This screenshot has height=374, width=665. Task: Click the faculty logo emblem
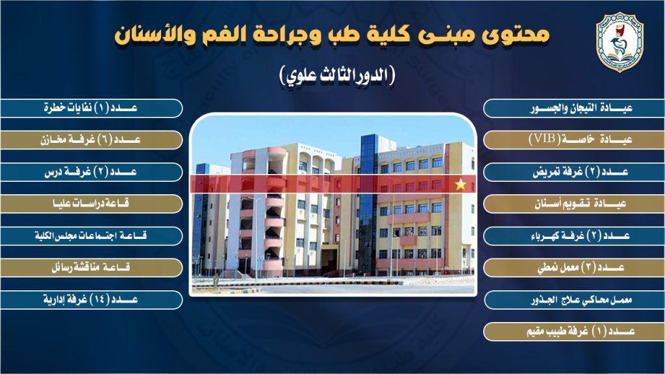[x=620, y=42]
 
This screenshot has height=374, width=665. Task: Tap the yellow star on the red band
[x=460, y=184]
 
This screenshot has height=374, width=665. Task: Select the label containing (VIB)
[x=581, y=140]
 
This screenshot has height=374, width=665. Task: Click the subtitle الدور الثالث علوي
[x=338, y=75]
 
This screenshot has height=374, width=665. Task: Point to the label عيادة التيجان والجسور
[x=581, y=108]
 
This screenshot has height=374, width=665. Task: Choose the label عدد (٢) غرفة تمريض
[x=581, y=171]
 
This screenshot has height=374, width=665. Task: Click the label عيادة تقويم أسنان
[x=580, y=203]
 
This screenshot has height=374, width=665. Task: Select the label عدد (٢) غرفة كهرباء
[x=580, y=235]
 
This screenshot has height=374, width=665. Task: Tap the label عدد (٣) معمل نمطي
[x=581, y=268]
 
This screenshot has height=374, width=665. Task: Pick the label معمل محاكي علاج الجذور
[x=581, y=300]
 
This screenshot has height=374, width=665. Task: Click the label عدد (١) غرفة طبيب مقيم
[x=581, y=331]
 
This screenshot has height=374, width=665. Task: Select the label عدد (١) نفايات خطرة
[x=91, y=108]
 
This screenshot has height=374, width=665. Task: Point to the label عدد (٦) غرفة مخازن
[x=90, y=140]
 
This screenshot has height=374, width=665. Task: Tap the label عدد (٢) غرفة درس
[x=91, y=171]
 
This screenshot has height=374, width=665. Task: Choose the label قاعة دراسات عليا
[x=91, y=203]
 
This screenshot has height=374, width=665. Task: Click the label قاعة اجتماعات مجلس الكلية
[x=91, y=235]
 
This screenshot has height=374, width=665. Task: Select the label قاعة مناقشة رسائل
[x=91, y=267]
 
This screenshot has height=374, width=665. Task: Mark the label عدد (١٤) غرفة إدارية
[x=91, y=299]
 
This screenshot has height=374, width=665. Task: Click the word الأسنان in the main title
[x=150, y=34]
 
